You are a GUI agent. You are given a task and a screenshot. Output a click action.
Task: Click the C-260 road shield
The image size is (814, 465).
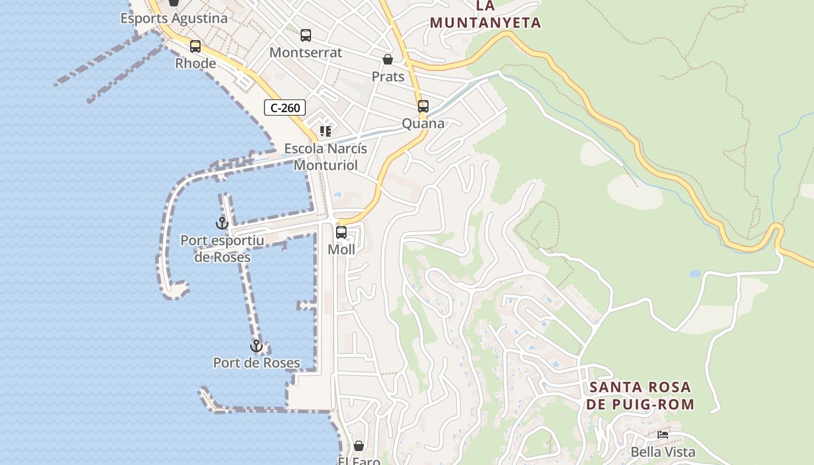pos(285,108)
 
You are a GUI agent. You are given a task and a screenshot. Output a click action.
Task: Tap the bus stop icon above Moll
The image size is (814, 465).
pos(341,233)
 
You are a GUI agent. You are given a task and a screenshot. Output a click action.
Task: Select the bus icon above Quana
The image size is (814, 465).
pos(423,106)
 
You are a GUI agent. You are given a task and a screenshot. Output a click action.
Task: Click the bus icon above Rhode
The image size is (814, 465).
pos(195,46)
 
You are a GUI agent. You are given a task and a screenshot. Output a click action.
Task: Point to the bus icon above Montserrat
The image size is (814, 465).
pos(306,35)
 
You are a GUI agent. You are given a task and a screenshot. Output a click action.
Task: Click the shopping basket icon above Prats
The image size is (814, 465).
pos(388,59)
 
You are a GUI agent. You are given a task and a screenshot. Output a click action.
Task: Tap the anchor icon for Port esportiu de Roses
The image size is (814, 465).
pos(222,223)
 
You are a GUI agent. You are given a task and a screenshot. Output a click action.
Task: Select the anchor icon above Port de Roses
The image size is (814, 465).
pos(256,346)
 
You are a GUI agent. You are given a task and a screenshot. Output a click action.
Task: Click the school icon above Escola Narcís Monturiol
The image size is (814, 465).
pos(325,131)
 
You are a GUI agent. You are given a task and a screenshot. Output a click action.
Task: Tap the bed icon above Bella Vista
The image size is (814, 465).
pos(663,434)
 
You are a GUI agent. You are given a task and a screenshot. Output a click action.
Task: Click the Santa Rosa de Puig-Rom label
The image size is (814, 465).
pos(640,396)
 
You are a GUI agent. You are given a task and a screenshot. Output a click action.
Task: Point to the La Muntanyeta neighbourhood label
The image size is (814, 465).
pos(485,15)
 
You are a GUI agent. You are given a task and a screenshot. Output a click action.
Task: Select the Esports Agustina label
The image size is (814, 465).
pos(174,19)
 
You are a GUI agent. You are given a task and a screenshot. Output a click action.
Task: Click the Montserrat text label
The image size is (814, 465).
pos(306,52)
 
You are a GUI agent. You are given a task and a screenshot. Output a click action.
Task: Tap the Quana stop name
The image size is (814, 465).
pos(423,123)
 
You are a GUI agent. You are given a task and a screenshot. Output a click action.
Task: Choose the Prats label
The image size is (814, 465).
pos(388,76)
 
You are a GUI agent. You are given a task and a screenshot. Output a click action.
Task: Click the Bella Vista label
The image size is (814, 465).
pos(663,452)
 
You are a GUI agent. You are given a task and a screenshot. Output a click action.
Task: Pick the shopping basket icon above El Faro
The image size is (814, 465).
pos(359,446)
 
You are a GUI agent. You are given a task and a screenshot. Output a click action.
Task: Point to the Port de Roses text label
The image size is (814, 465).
pos(256,363)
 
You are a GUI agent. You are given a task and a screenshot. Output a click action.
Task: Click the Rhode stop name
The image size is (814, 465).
pos(195,63)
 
